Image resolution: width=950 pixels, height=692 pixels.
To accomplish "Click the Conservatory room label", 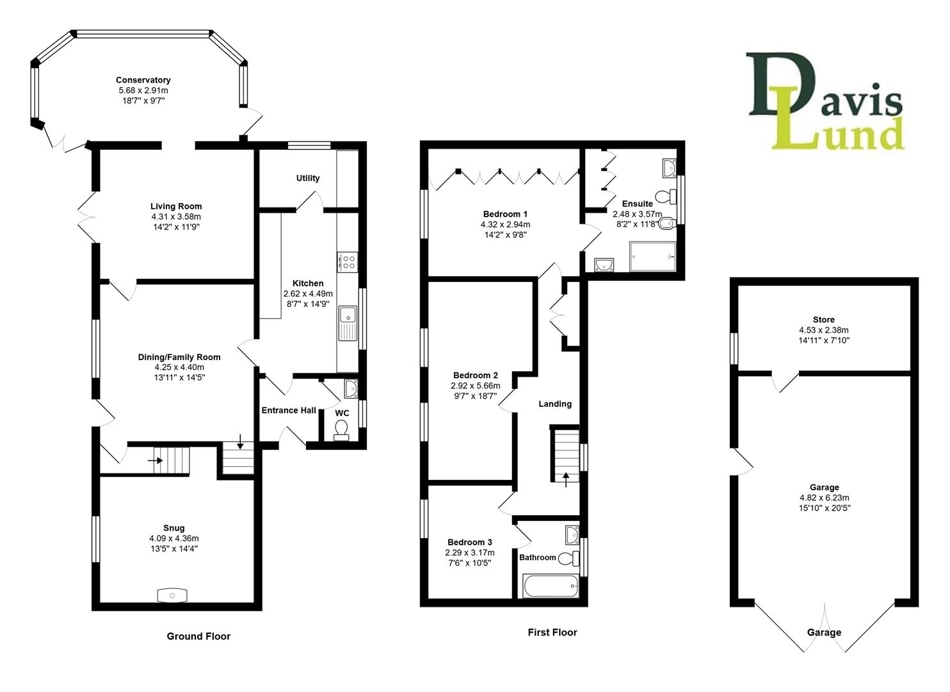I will click(143, 80).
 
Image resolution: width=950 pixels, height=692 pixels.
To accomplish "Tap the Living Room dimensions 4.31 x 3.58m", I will click(176, 217).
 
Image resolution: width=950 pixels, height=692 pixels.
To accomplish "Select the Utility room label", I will click(308, 178).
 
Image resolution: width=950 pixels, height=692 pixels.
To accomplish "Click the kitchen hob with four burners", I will click(349, 261).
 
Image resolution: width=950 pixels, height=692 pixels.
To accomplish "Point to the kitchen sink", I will click(348, 315).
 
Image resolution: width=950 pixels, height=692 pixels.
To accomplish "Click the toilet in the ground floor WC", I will click(342, 429).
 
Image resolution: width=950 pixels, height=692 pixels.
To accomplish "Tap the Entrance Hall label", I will click(289, 410).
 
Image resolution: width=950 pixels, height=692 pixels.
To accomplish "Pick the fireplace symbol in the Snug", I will click(173, 595).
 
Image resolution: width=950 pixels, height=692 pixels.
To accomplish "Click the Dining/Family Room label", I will click(179, 358).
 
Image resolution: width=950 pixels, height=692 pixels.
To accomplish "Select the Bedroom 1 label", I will click(505, 214).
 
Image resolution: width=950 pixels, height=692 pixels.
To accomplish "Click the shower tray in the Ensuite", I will click(652, 256).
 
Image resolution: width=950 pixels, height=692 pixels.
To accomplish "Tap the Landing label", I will click(555, 404).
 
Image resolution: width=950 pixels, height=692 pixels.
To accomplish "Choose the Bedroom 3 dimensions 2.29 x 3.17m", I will click(470, 552).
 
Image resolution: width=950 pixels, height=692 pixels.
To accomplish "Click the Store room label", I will click(824, 320).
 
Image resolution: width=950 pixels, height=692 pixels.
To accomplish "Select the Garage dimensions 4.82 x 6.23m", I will click(825, 498).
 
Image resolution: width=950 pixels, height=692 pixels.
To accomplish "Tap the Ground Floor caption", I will click(198, 636).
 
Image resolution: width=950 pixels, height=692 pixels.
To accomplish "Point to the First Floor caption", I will click(552, 632).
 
